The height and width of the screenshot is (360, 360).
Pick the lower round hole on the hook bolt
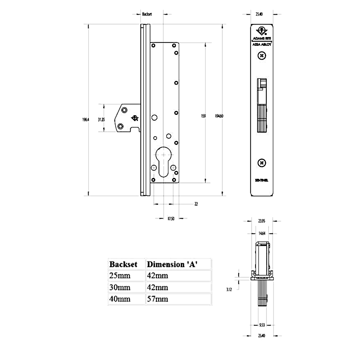pos(121,126)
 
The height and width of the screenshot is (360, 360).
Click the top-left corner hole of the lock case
pos(153,45)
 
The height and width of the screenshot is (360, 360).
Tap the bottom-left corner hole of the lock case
pos(153,180)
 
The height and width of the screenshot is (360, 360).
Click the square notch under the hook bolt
pos(135,129)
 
